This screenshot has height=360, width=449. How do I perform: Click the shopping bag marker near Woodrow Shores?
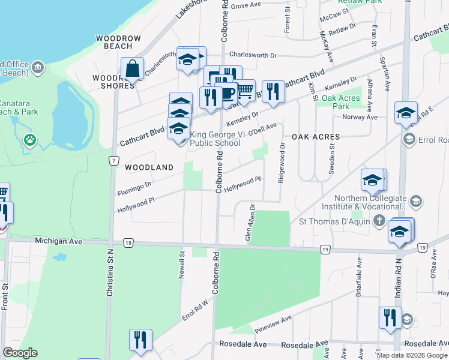[132, 69]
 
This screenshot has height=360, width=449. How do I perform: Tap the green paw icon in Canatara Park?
[29, 140]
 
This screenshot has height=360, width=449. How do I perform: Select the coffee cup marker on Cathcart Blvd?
[227, 94]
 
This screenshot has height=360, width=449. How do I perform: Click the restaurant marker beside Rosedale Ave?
[140, 340]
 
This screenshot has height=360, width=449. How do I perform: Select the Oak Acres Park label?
[340, 101]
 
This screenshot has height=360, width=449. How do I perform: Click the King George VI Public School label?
[215, 139]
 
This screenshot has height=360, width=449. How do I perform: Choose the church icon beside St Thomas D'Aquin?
[379, 221]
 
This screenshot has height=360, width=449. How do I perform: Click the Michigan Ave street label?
[58, 241]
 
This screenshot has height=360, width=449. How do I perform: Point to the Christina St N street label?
[110, 274]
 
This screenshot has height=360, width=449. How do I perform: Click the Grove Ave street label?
[246, 5]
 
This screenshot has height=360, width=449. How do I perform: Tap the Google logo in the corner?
[20, 353]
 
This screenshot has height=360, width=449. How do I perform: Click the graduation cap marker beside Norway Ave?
[406, 113]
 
